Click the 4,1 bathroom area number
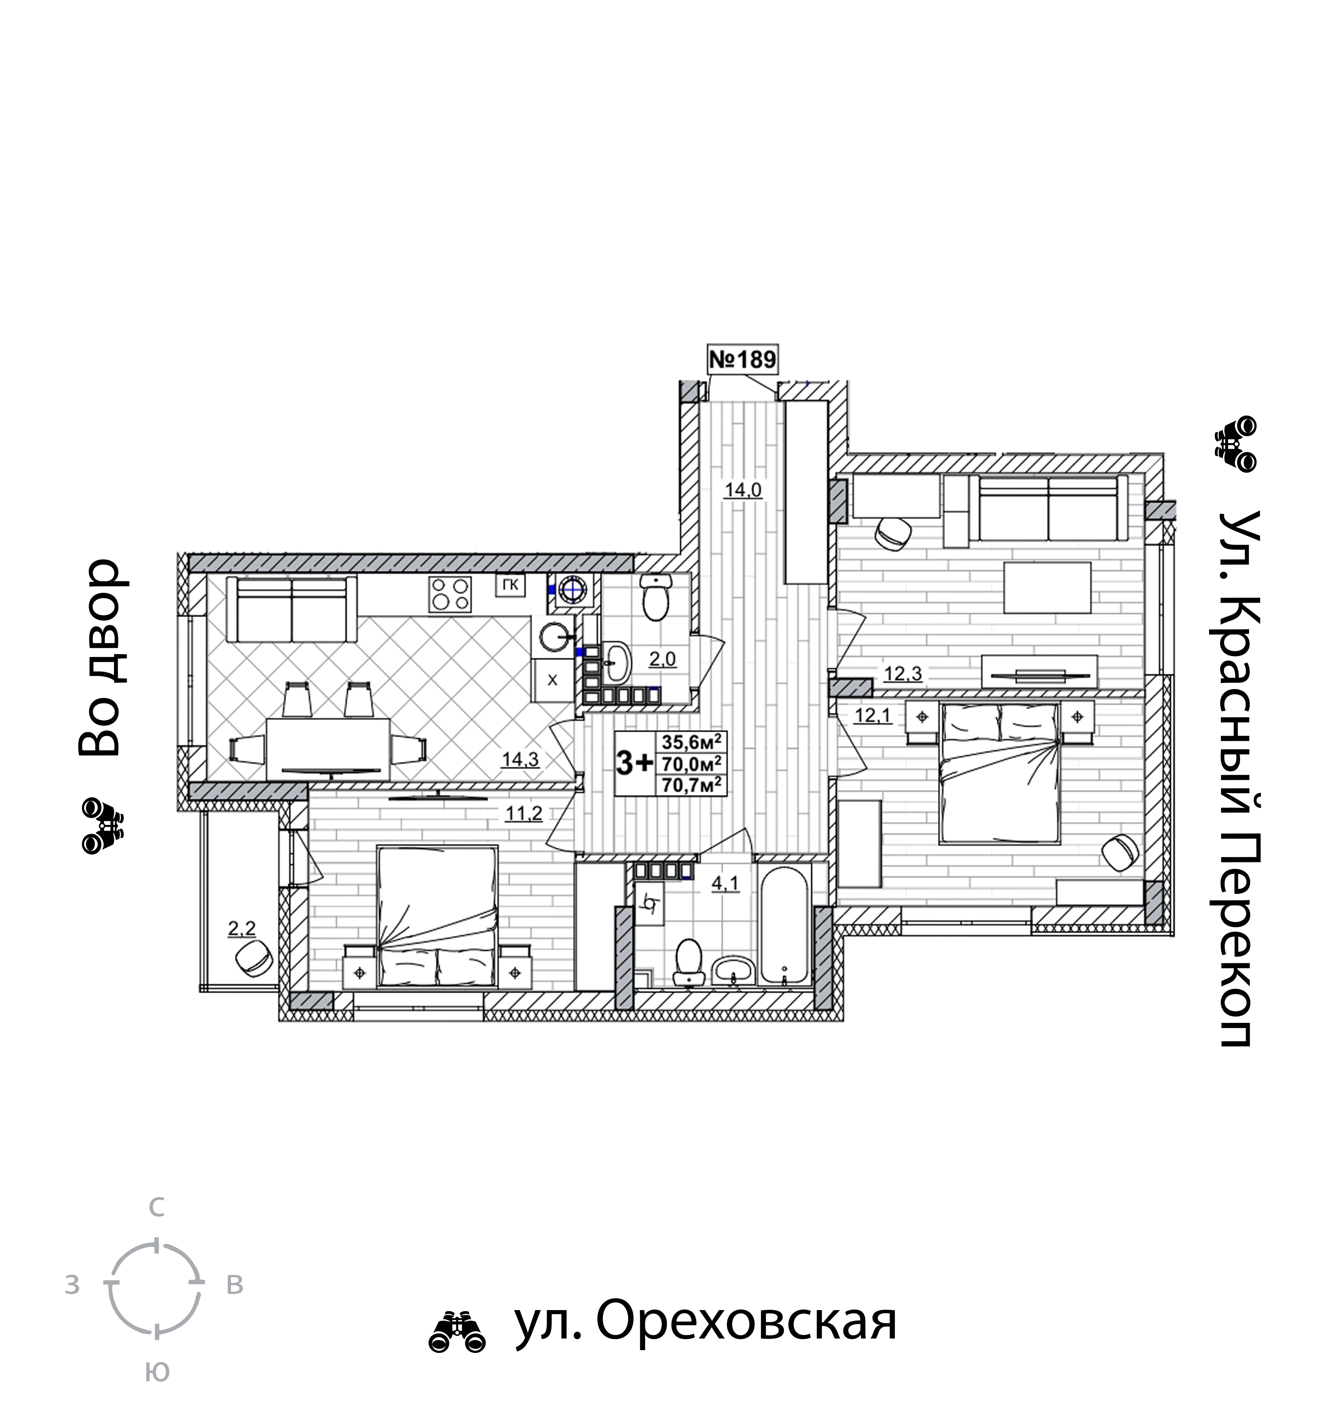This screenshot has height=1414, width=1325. [725, 883]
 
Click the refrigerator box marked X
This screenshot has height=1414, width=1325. [552, 680]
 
